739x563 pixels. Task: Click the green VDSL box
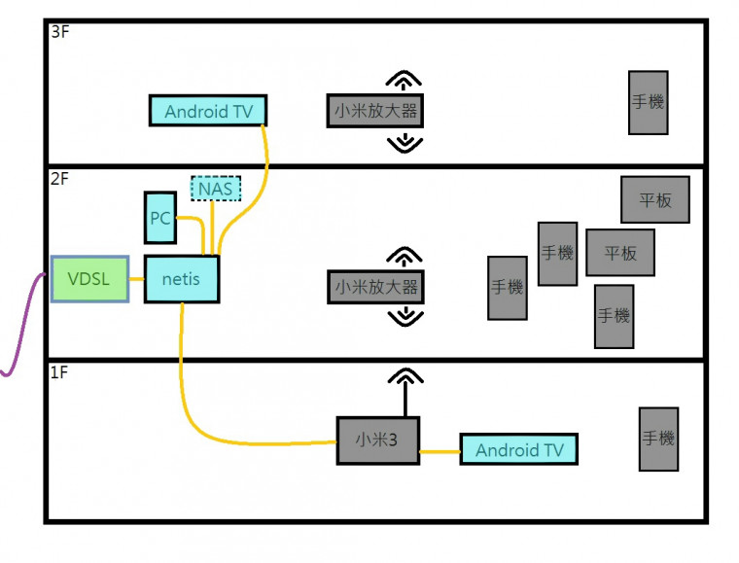click(89, 279)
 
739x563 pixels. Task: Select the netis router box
click(181, 279)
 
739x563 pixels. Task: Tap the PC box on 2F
click(160, 219)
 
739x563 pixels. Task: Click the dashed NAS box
click(216, 188)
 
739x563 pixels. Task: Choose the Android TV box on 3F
click(208, 111)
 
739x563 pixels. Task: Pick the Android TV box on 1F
click(519, 449)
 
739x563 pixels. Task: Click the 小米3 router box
click(378, 440)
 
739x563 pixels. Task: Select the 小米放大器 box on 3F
click(376, 111)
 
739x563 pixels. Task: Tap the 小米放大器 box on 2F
click(376, 287)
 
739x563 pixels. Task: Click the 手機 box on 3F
click(648, 102)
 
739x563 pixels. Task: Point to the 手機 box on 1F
click(658, 439)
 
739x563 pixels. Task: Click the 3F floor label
click(60, 31)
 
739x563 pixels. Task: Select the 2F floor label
click(60, 178)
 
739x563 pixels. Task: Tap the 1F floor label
click(59, 372)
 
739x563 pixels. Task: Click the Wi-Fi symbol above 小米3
click(405, 377)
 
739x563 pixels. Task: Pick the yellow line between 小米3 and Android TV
click(440, 451)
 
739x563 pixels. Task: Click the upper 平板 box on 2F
click(655, 200)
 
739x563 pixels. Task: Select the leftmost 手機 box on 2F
click(508, 288)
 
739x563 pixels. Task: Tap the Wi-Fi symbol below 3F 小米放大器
click(405, 143)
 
